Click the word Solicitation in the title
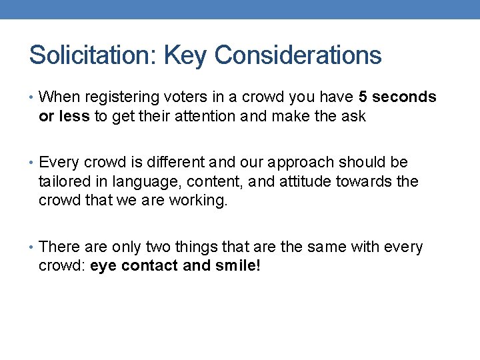tap(91, 55)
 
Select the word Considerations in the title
tap(299, 55)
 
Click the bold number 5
tap(363, 97)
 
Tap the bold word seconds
tap(405, 97)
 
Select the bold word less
tap(75, 117)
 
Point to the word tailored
tap(66, 181)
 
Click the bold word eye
tap(102, 267)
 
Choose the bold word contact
tap(149, 267)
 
